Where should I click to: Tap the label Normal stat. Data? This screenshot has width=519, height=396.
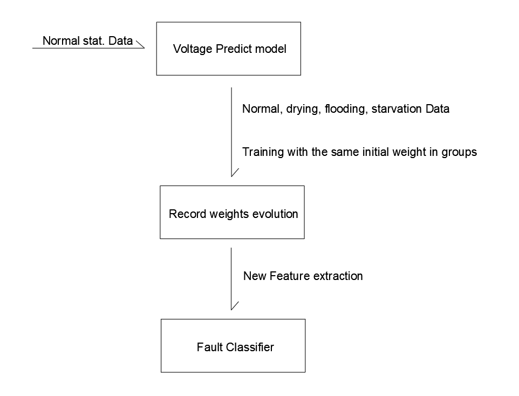87,41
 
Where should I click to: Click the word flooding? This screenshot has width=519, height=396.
346,109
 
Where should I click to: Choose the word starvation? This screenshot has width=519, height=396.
397,109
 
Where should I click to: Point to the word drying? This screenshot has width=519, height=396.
304,109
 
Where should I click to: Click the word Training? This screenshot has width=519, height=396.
263,152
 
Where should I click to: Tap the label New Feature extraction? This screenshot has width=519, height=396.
303,276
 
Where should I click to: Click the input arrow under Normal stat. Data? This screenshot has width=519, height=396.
88,49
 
